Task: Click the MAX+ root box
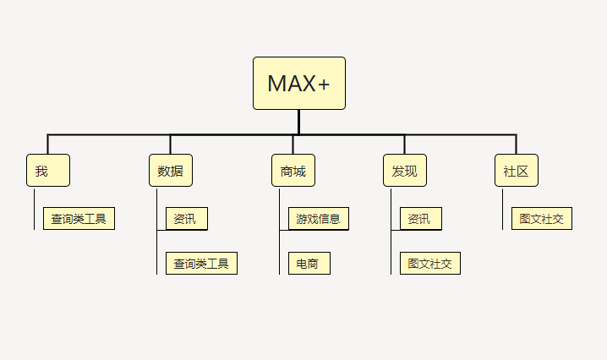click(x=299, y=83)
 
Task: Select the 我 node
click(x=48, y=171)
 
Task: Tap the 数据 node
click(x=171, y=171)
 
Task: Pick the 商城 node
click(x=293, y=171)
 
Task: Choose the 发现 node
click(x=405, y=171)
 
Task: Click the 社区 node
click(x=517, y=171)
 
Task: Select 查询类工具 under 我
click(x=79, y=219)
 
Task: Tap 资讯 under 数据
click(x=187, y=219)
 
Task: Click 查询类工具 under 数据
click(x=201, y=264)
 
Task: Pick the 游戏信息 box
click(x=319, y=219)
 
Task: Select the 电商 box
click(x=309, y=264)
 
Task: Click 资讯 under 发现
click(x=421, y=219)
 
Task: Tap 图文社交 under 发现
click(x=430, y=264)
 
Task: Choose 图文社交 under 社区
click(x=542, y=219)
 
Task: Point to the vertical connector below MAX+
click(x=299, y=123)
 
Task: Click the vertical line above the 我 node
click(x=47, y=145)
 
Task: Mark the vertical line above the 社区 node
click(x=516, y=145)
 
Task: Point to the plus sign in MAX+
click(x=324, y=85)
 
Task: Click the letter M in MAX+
click(x=276, y=83)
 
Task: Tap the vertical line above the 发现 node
click(x=405, y=145)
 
